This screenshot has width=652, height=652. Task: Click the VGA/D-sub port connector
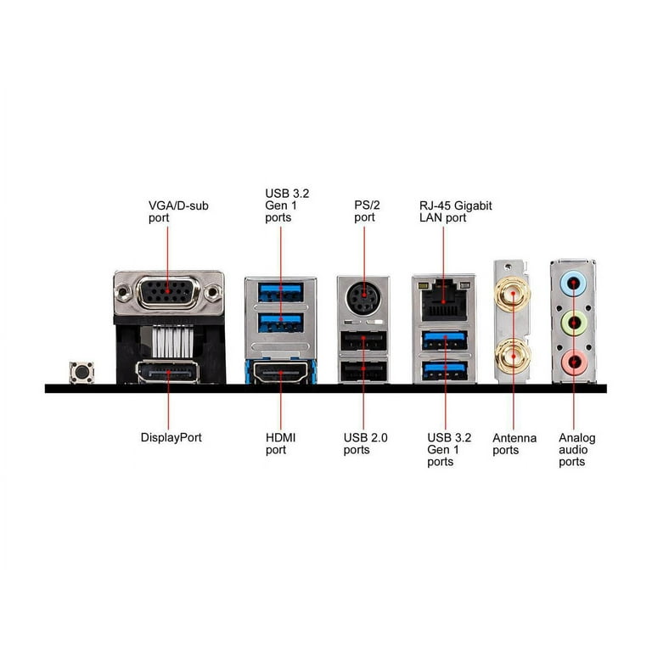click(168, 292)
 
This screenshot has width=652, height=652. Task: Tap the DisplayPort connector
click(167, 372)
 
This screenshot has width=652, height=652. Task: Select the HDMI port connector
click(281, 373)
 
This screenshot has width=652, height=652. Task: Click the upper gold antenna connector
click(512, 294)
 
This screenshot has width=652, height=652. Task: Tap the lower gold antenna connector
click(513, 357)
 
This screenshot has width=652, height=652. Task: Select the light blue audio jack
click(573, 284)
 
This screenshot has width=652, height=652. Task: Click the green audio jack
click(574, 323)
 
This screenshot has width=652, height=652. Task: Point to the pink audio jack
click(574, 363)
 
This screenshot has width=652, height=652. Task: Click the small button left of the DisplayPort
click(81, 372)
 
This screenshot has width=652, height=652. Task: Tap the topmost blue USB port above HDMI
click(281, 292)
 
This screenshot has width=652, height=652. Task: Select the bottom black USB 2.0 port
click(363, 371)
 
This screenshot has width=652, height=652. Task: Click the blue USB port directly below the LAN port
click(445, 340)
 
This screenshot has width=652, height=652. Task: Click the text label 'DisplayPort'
click(171, 438)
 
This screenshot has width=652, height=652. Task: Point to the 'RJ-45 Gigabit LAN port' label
click(455, 211)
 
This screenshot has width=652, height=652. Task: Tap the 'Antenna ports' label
click(514, 444)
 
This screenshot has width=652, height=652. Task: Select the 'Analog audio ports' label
click(576, 450)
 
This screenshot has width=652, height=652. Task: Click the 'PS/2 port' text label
click(367, 211)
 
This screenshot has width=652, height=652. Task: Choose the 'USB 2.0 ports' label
click(365, 444)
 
